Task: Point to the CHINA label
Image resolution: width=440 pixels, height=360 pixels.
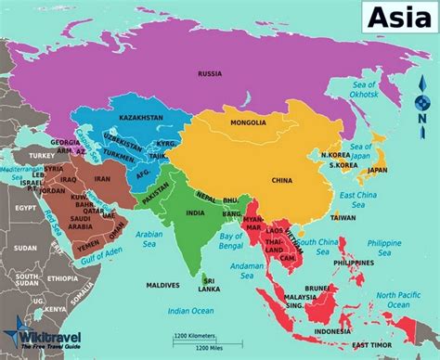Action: (282, 181)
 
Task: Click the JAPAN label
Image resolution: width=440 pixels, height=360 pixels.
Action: (377, 171)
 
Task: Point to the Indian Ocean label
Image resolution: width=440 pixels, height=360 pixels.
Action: (189, 311)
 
